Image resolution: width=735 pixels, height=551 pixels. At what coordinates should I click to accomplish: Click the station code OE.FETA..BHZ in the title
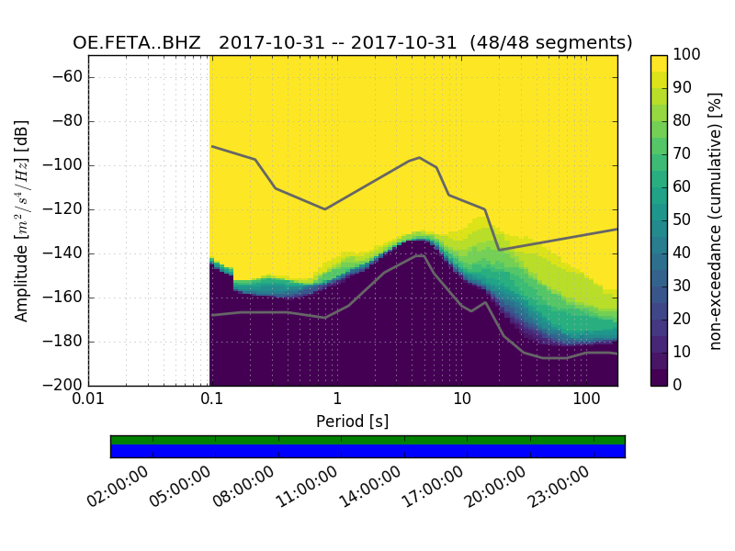[x=136, y=43]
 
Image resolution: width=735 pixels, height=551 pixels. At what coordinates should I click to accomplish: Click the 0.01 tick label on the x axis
[x=88, y=400]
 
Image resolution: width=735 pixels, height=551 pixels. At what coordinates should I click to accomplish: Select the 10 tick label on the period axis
[x=462, y=400]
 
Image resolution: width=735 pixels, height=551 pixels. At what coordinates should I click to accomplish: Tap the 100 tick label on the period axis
[x=586, y=400]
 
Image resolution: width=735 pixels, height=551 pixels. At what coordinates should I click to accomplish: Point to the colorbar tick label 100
[x=688, y=55]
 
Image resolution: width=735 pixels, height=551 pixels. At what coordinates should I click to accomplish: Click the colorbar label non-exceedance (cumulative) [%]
[x=717, y=220]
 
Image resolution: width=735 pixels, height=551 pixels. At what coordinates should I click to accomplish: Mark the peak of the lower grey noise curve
[x=421, y=255]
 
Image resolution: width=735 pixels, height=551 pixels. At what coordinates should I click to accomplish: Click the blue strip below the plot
[x=367, y=451]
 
